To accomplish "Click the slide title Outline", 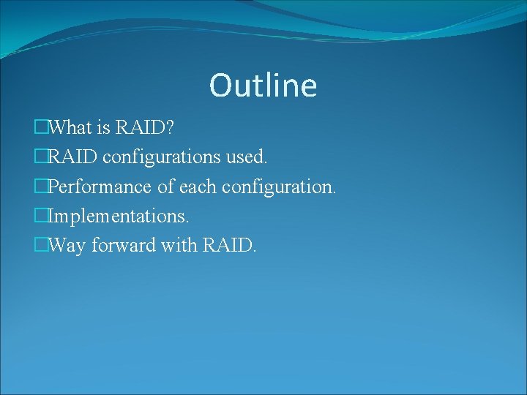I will pos(263,85).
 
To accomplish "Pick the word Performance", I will pos(100,187).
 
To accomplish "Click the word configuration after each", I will pos(279,188).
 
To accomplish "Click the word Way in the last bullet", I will pos(68,247).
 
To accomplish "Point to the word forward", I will pos(124,245).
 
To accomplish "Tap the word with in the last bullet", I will pos(179,245).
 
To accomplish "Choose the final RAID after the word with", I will pos(228,245).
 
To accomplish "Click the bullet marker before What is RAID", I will pos(40,128).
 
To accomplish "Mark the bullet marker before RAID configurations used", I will pos(40,157).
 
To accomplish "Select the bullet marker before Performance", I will pos(40,187).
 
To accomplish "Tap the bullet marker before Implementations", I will pos(40,216).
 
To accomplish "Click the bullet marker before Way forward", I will pos(40,245).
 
